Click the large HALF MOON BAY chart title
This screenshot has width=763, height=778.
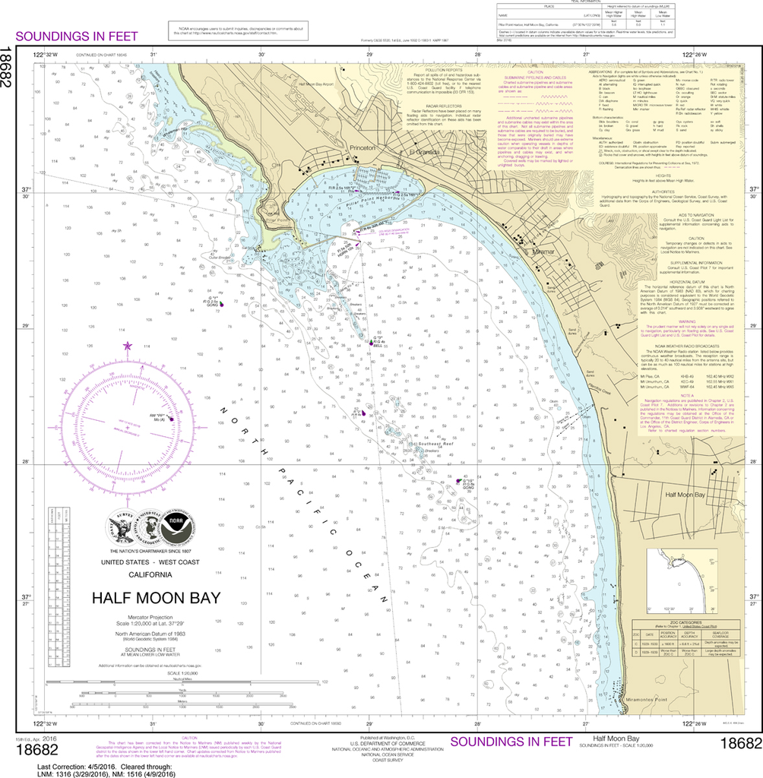tap(156, 597)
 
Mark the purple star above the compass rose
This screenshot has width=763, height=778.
tap(127, 346)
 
